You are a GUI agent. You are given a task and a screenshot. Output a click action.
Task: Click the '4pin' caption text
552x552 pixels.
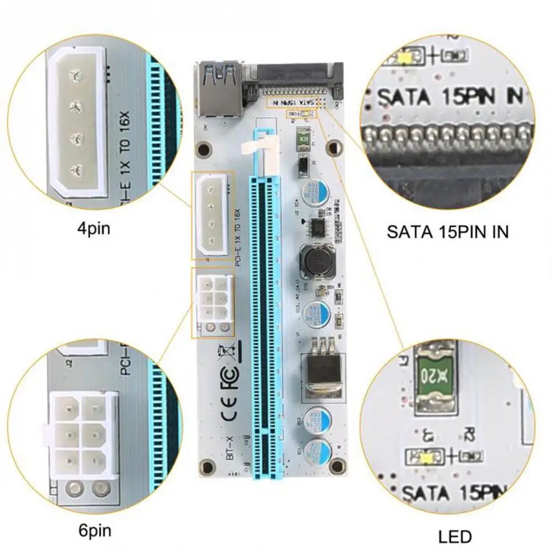point(94,228)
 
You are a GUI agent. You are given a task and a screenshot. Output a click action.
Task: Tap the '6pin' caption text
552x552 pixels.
point(94,531)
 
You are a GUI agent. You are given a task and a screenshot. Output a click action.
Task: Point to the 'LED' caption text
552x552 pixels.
point(455,536)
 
